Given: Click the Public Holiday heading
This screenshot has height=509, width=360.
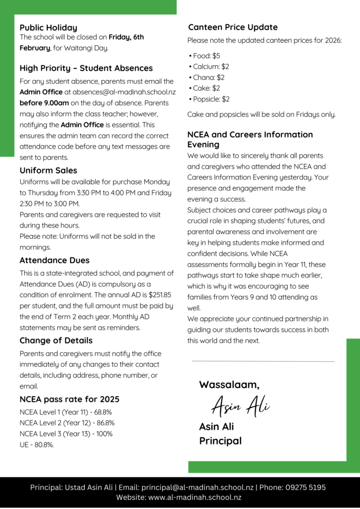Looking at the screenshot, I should point(48,28).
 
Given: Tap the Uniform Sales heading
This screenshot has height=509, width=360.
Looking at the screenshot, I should point(48,170).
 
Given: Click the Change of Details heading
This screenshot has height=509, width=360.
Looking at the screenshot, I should point(56,340).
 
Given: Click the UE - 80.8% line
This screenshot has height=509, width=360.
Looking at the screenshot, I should point(37,445).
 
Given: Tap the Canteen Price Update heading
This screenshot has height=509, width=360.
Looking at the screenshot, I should point(232,27).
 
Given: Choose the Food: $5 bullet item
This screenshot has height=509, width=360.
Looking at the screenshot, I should point(206,56).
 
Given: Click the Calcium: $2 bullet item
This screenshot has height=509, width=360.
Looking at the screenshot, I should point(211,67).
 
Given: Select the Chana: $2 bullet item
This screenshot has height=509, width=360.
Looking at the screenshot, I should point(209,78).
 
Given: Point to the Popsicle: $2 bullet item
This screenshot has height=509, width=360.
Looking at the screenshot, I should point(211,99).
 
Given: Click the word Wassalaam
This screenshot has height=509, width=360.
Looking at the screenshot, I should point(229,384).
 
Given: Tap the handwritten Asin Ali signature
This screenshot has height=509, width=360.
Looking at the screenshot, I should point(240,407).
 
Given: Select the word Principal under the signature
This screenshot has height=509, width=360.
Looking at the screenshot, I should point(220,441).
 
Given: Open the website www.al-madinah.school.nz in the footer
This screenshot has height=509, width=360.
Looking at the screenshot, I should point(195,498).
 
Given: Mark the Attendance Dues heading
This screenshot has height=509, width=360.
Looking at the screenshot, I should point(54,260).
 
